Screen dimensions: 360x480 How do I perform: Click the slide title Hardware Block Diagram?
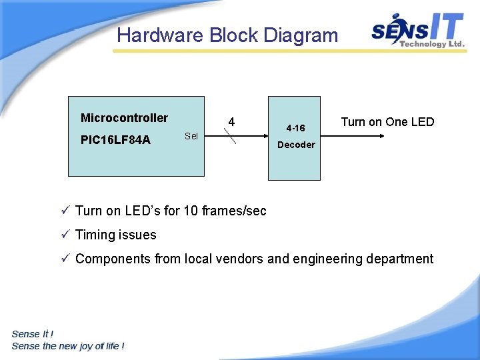(227, 35)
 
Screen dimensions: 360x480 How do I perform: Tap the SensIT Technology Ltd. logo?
(417, 31)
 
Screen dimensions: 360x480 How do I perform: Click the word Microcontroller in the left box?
(124, 118)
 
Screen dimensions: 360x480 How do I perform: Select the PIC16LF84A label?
(115, 140)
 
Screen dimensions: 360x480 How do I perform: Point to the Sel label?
(191, 136)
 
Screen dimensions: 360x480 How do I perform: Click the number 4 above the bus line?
(231, 122)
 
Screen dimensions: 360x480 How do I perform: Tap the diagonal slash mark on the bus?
(230, 137)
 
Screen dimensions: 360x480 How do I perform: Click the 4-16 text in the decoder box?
(295, 127)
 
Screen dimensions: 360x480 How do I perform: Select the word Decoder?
(296, 145)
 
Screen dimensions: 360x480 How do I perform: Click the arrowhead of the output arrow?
(382, 136)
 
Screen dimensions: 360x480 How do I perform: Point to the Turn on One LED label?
(387, 122)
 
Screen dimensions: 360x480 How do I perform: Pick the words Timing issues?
(116, 235)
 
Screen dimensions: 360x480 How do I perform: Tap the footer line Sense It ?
(33, 333)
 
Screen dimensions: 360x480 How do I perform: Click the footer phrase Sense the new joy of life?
(67, 345)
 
